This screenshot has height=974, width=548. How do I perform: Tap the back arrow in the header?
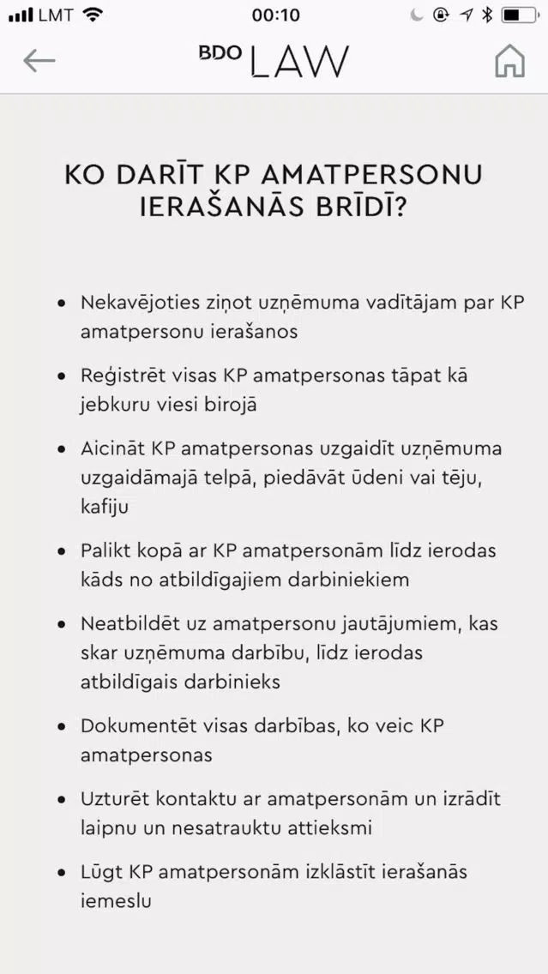click(x=39, y=60)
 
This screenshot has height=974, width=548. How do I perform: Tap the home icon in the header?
click(x=509, y=60)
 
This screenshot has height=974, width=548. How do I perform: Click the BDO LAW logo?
click(x=274, y=60)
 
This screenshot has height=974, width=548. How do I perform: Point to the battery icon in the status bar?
click(x=520, y=15)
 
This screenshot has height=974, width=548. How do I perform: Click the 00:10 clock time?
click(x=276, y=15)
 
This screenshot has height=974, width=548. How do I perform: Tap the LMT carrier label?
click(x=56, y=15)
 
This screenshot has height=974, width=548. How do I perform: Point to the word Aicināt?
click(x=112, y=448)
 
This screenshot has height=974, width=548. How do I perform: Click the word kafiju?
click(x=105, y=507)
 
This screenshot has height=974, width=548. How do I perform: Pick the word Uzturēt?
click(x=112, y=798)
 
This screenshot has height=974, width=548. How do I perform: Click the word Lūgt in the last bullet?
click(x=100, y=872)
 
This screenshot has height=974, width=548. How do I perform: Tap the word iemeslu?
click(x=116, y=901)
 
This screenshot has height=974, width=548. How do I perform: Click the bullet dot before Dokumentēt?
click(x=61, y=726)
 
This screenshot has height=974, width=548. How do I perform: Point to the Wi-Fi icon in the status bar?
click(x=93, y=15)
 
